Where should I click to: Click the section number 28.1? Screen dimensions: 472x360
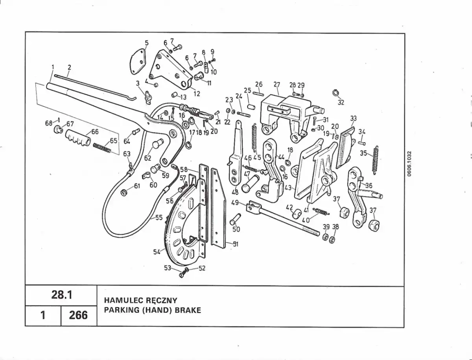pos(62,295)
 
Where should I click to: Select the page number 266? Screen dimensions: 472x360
pos(79,315)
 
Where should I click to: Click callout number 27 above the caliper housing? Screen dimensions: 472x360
pos(277,84)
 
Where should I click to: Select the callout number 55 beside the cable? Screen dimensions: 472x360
pos(159,218)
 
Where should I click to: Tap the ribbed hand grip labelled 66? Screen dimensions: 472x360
pos(78,138)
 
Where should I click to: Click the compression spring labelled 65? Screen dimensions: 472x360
pos(102,149)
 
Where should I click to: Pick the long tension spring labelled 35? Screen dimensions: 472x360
pos(376,160)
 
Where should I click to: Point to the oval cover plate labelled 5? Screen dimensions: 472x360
pos(138,61)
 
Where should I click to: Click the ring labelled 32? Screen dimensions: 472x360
pos(335,93)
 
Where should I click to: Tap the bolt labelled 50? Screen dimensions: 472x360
pos(235,219)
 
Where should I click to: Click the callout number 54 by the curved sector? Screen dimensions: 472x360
pos(157,252)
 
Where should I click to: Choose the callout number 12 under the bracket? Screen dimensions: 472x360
pos(197,94)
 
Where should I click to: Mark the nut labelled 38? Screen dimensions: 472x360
pos(332,240)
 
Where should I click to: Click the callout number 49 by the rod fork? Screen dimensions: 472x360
pos(235,202)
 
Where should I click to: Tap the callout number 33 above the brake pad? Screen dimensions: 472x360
pos(353,118)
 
